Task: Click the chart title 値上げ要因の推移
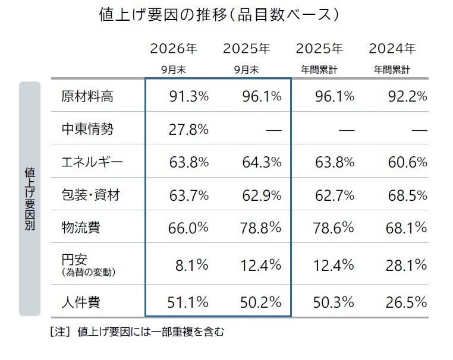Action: click(163, 15)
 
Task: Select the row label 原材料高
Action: click(87, 96)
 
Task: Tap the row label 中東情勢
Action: click(87, 129)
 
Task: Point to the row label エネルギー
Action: click(92, 162)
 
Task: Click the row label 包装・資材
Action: click(91, 195)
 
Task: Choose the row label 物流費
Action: click(81, 228)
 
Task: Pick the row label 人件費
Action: click(81, 302)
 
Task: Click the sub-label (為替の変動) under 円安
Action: click(89, 272)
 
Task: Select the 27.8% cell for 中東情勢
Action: click(188, 130)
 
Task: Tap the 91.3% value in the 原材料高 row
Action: click(189, 96)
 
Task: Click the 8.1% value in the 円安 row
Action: click(192, 266)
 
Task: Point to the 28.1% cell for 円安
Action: click(407, 266)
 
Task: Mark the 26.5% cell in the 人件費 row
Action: click(407, 302)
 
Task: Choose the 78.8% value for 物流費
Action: click(261, 228)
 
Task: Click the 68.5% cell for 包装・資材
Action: click(408, 195)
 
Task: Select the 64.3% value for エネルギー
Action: click(262, 162)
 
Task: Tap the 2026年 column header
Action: click(174, 49)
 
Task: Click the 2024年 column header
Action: click(392, 49)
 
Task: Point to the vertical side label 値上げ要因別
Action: click(30, 198)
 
